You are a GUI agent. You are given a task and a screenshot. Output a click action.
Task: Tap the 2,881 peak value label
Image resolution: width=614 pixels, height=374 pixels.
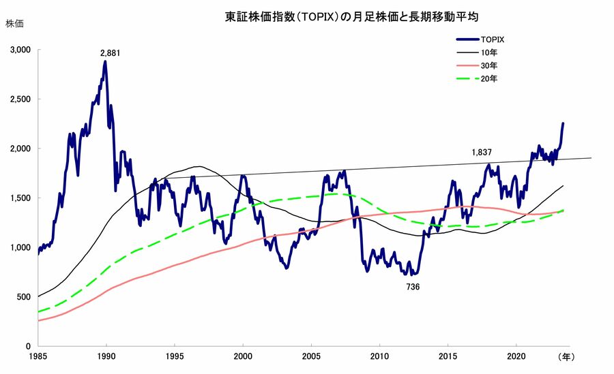coord(110,52)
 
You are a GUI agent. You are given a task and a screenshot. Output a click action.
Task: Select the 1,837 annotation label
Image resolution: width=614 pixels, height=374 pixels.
coord(482,152)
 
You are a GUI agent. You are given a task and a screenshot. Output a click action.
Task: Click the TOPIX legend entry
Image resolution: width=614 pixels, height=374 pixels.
coord(493,40)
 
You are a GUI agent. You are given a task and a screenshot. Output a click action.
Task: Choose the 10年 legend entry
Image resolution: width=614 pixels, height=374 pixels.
coord(489,52)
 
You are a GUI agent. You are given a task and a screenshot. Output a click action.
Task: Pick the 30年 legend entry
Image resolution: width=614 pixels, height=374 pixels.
coord(489,65)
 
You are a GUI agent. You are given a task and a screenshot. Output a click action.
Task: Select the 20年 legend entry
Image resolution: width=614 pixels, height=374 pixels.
coord(489,79)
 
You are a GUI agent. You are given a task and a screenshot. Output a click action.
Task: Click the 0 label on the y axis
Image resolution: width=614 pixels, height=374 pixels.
coord(29,346)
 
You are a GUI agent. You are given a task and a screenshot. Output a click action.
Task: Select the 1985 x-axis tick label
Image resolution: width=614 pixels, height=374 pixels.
coord(38,356)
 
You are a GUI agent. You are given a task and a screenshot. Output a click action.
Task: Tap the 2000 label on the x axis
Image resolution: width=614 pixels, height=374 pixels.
coord(244,356)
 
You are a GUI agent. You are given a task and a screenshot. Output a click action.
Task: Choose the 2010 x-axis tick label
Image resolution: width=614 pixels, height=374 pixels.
coord(380,356)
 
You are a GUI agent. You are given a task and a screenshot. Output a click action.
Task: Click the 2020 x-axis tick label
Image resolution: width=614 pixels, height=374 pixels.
coord(517,356)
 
